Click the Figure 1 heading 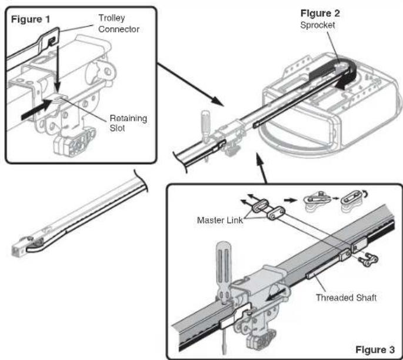[x=31, y=19]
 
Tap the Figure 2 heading [x=320, y=14]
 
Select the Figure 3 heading [x=375, y=349]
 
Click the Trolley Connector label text [x=119, y=24]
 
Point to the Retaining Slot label [x=128, y=123]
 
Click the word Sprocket [x=318, y=25]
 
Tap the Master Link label [x=220, y=220]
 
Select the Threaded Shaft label [x=346, y=298]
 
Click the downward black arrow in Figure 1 [x=58, y=68]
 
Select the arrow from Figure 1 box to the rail [x=190, y=84]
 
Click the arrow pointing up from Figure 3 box [x=261, y=168]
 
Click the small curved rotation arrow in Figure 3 [x=365, y=194]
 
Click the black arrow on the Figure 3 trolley [x=277, y=295]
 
